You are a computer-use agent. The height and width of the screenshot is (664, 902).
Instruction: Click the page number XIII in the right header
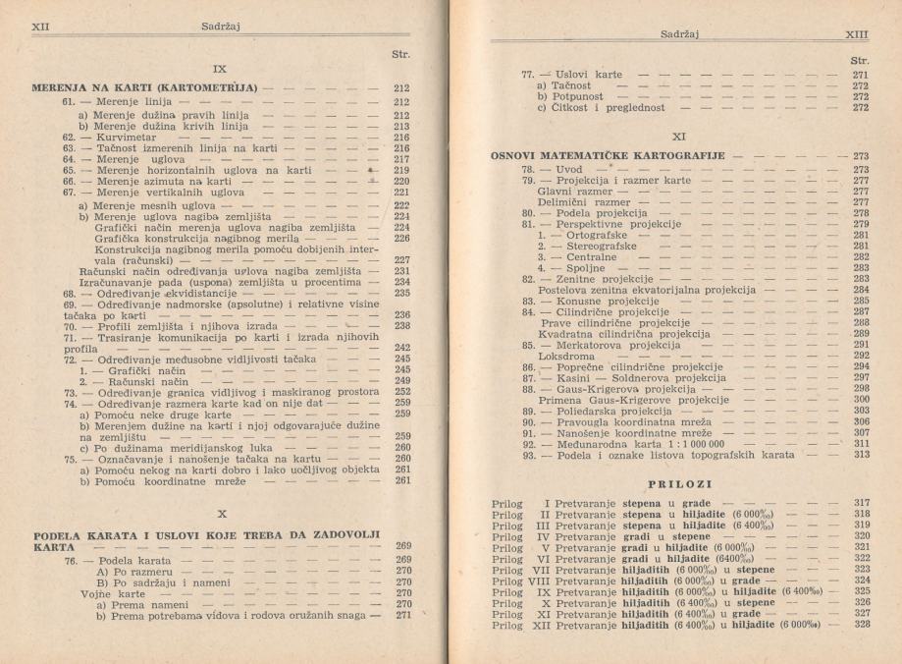pos(858,33)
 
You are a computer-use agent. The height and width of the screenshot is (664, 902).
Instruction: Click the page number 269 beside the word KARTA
pos(402,545)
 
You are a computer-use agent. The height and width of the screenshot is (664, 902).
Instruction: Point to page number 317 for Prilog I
pos(861,502)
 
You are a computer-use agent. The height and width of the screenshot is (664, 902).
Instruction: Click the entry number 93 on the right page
pos(527,453)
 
